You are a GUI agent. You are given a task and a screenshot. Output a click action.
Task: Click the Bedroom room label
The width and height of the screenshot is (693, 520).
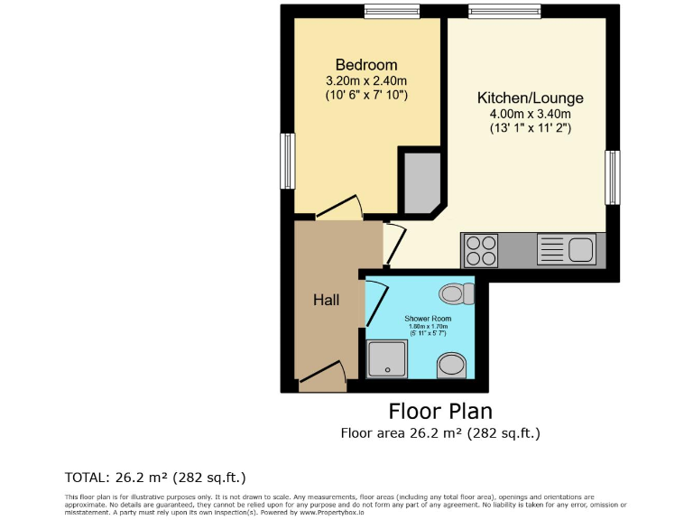pos(366,65)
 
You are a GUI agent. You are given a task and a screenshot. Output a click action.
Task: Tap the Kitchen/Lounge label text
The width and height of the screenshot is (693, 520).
pos(530,98)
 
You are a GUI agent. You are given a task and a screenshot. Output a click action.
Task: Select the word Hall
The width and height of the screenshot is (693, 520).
pos(326,300)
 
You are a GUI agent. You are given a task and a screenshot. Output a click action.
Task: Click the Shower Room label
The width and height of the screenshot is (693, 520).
pos(428,319)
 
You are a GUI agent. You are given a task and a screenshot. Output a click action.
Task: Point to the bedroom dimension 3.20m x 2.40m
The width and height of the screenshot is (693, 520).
pos(366,80)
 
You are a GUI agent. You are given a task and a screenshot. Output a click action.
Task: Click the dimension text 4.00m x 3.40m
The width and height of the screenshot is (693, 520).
pos(530,114)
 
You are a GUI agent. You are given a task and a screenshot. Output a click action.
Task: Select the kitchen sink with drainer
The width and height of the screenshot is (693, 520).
pos(565,249)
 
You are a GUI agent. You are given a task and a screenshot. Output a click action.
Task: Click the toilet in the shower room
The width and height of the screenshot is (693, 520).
pos(457,293)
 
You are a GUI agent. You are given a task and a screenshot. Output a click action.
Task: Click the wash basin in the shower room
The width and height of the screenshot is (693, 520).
pos(453,366)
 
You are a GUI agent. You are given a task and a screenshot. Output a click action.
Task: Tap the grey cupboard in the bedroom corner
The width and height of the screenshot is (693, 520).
pos(420,181)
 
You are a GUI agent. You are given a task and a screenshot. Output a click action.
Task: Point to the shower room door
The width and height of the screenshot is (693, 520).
pos(374,305)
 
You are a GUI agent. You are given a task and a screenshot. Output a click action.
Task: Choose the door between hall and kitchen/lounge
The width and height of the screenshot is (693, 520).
pos(393,244)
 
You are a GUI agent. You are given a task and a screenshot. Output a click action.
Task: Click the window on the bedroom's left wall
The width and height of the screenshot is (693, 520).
pos(288,161)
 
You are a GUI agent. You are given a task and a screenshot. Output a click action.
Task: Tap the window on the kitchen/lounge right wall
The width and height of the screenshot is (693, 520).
pos(613,177)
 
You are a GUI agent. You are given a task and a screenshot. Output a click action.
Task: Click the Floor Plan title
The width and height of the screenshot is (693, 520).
pos(440,412)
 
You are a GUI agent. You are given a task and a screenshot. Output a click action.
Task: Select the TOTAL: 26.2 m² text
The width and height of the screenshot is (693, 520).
pos(155,477)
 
